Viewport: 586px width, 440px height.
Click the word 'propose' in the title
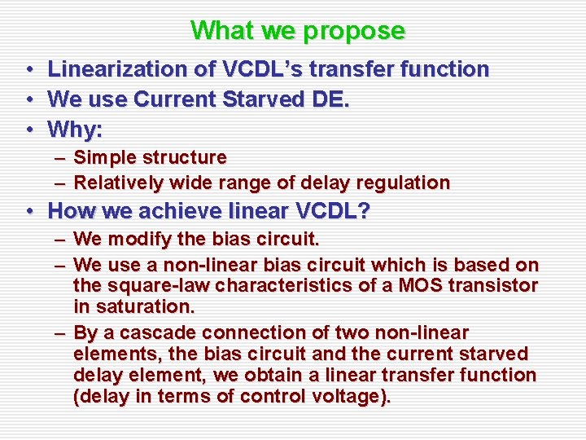(354, 31)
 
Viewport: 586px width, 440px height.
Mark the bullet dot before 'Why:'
(28, 130)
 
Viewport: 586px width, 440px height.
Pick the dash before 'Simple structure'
(61, 157)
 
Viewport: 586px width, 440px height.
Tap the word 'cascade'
(157, 332)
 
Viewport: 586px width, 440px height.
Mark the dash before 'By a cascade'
(61, 333)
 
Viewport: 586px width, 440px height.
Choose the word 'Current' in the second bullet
(172, 99)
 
